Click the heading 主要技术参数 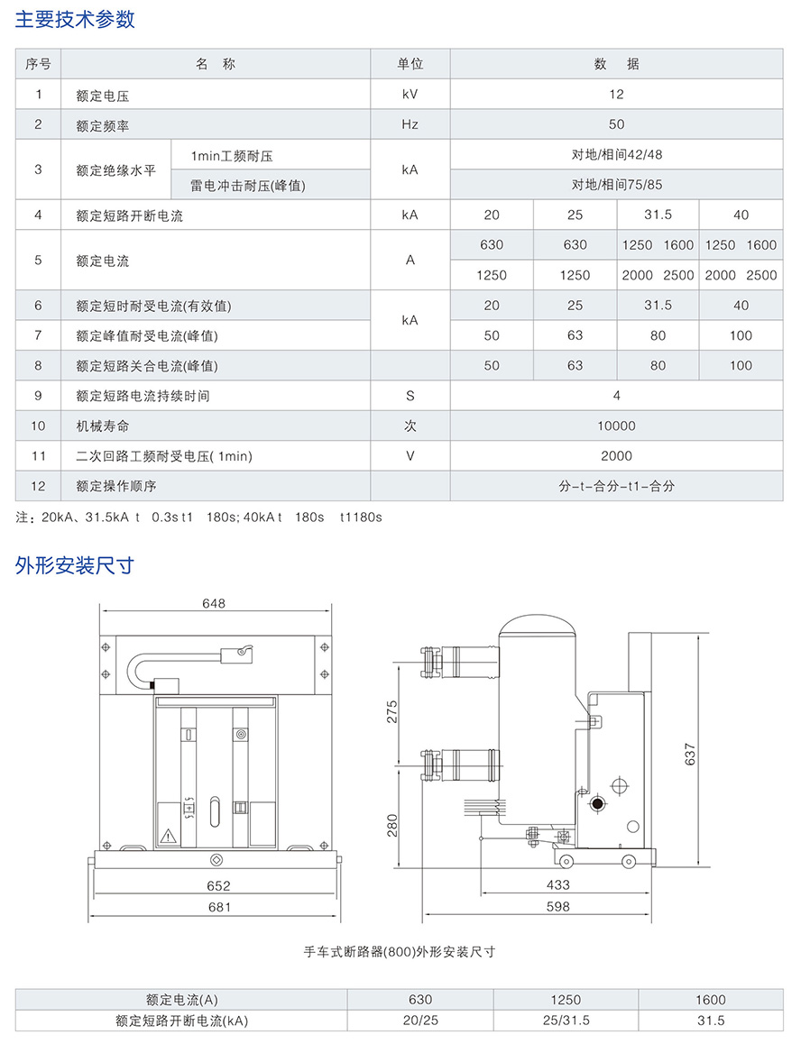75,20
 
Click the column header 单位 410,64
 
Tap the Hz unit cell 410,124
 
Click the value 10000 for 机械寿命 616,426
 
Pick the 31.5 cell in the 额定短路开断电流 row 658,215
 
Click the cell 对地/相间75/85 616,185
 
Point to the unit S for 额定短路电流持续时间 410,396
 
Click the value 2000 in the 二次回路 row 616,456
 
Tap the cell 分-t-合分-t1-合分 616,486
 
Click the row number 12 38,486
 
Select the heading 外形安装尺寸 75,565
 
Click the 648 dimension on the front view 214,603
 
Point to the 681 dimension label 219,907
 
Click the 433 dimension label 558,885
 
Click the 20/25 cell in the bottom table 420,1021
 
